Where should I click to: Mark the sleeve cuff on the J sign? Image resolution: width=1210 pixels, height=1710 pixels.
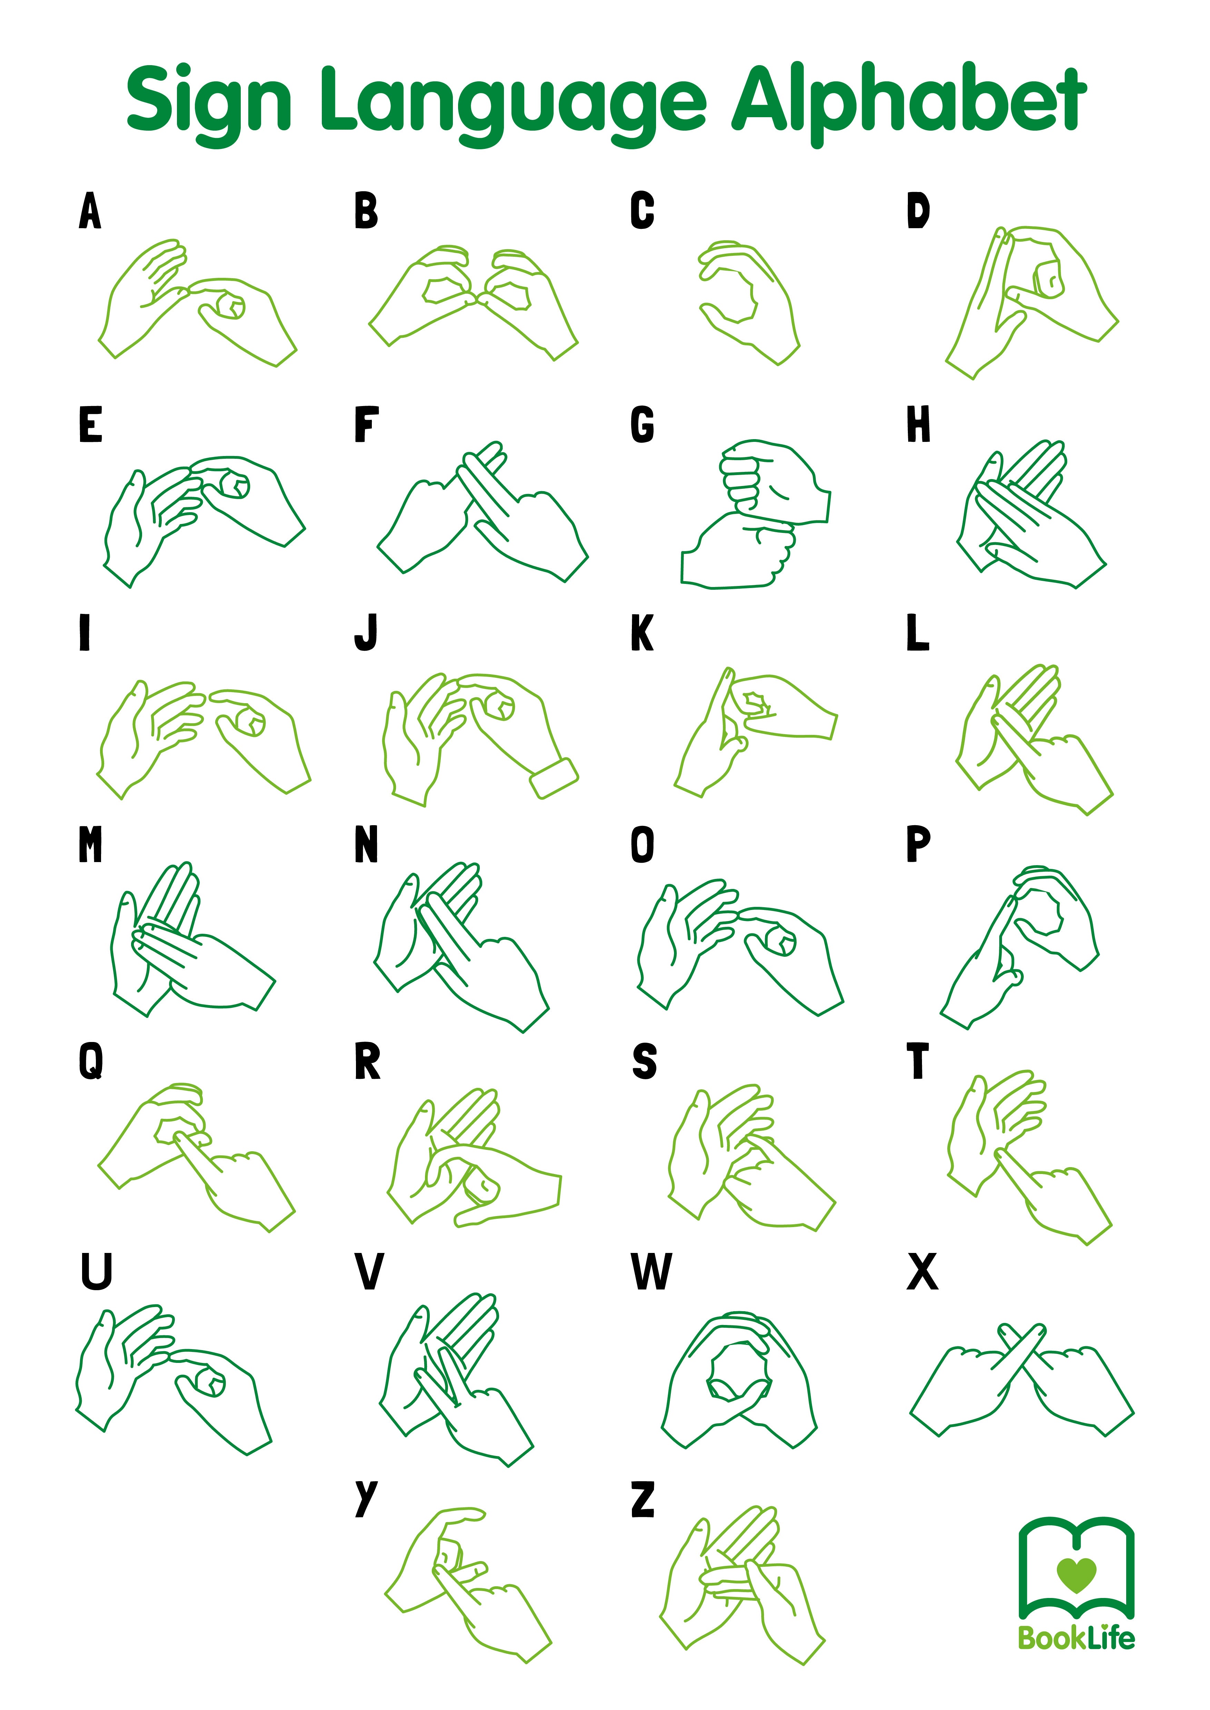(554, 778)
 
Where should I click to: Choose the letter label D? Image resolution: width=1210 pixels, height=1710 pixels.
(918, 211)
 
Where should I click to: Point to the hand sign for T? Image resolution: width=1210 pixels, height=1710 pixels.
(1028, 1154)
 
